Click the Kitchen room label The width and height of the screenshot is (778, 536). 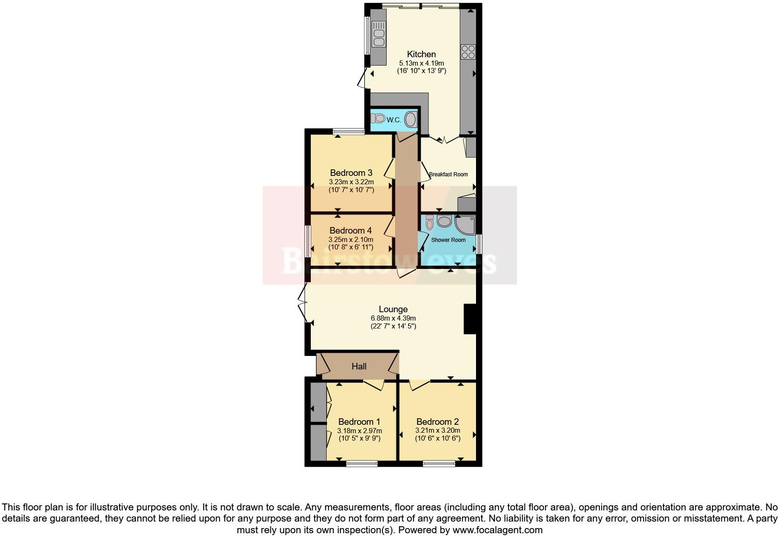421,54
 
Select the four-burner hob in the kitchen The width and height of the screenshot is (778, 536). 468,51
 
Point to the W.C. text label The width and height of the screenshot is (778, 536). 394,120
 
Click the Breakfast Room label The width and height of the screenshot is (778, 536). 448,174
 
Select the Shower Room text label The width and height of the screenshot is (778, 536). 448,240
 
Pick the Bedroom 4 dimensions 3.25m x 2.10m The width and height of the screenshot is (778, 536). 350,240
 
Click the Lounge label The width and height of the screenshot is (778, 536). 393,309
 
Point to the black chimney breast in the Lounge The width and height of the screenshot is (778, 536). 470,319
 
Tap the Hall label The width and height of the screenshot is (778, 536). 359,367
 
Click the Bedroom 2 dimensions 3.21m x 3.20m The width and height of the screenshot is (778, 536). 437,431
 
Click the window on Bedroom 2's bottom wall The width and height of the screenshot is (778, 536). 439,463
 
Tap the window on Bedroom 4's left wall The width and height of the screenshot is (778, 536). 307,241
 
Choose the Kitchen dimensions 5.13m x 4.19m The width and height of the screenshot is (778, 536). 422,63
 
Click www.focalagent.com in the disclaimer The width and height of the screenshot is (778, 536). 497,530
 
